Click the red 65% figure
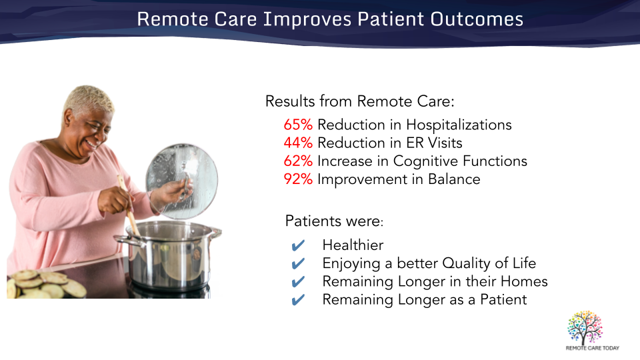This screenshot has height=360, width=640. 298,125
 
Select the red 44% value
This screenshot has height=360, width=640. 298,143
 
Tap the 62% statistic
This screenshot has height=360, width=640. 298,161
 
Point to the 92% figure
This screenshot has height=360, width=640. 298,179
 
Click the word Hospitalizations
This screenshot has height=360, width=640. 459,125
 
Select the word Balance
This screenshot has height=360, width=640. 454,179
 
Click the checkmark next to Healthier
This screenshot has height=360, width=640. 298,245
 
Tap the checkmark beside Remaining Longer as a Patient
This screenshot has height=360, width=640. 298,300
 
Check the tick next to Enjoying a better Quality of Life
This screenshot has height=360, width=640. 298,264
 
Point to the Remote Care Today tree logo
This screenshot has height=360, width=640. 585,327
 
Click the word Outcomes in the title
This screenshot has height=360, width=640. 477,19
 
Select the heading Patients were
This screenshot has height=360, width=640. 334,221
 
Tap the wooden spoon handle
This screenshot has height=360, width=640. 129,206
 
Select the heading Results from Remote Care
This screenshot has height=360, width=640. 359,101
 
